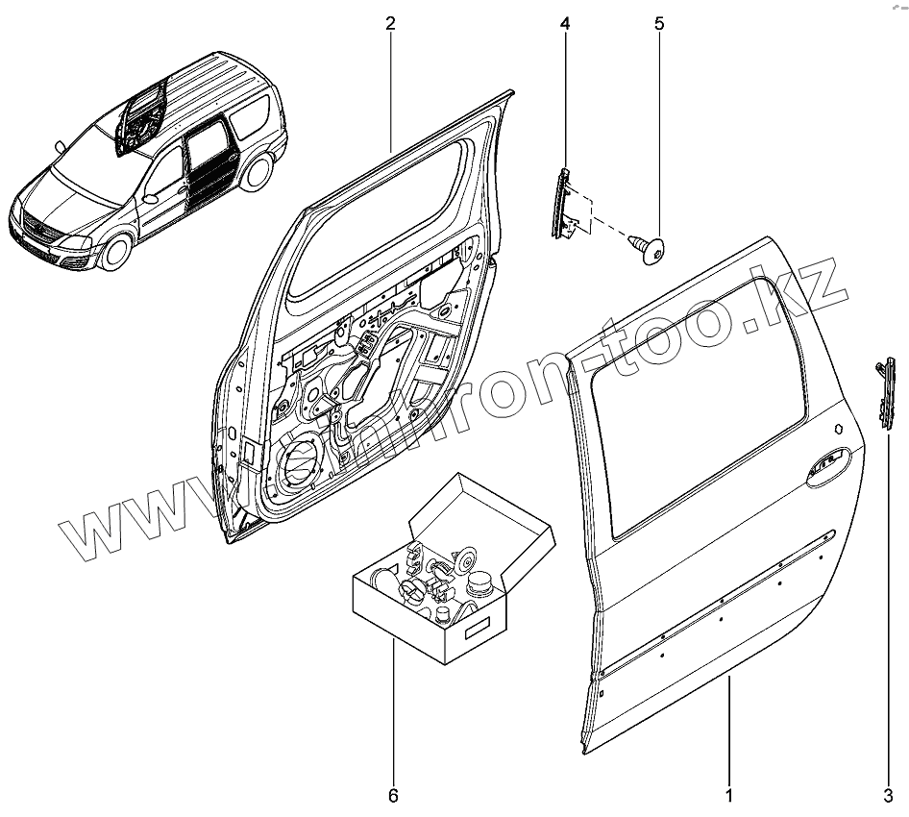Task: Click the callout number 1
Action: pos(729,796)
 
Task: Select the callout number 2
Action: pos(391,24)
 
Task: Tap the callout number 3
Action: pos(888,796)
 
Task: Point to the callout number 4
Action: pos(564,24)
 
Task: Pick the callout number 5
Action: pos(659,24)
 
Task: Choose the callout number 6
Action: pos(392,796)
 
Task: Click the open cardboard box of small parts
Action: pos(432,596)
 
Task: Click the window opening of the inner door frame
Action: pos(384,221)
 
